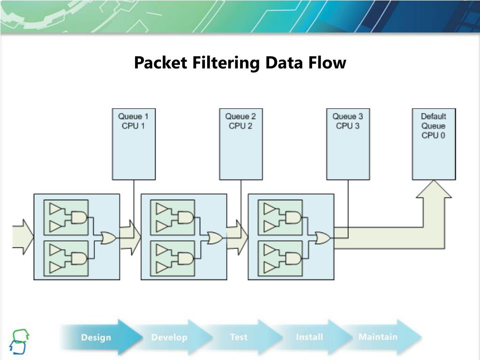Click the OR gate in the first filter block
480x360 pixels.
[108, 238]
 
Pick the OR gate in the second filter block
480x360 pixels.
[215, 238]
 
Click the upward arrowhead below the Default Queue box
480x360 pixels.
[434, 190]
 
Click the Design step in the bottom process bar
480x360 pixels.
[96, 337]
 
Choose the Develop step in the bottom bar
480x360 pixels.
[169, 337]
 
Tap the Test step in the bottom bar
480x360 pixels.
[239, 337]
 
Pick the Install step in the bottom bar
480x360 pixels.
[309, 337]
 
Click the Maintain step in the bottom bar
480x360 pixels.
[378, 337]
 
